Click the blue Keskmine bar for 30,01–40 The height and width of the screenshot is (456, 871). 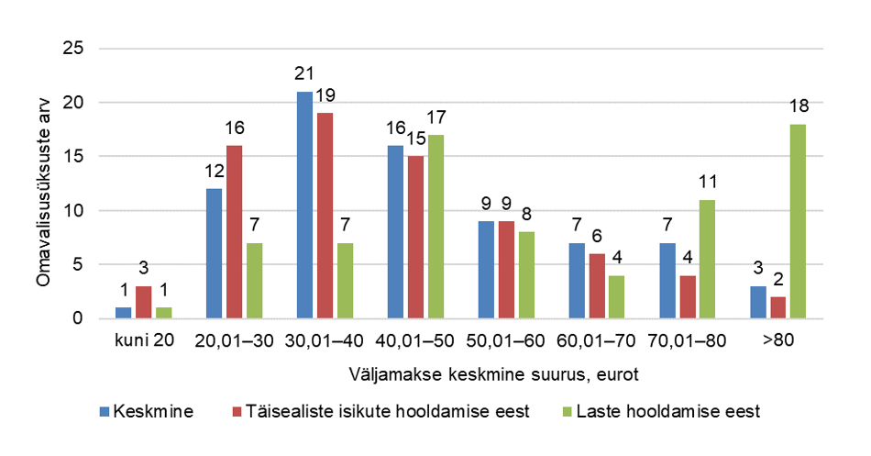304,206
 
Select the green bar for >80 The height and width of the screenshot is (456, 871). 798,222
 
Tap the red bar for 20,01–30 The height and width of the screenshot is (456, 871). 235,232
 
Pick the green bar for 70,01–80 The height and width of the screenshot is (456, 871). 707,260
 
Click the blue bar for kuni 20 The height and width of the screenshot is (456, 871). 123,314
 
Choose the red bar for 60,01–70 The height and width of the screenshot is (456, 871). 597,286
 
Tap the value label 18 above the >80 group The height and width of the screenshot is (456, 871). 798,107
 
